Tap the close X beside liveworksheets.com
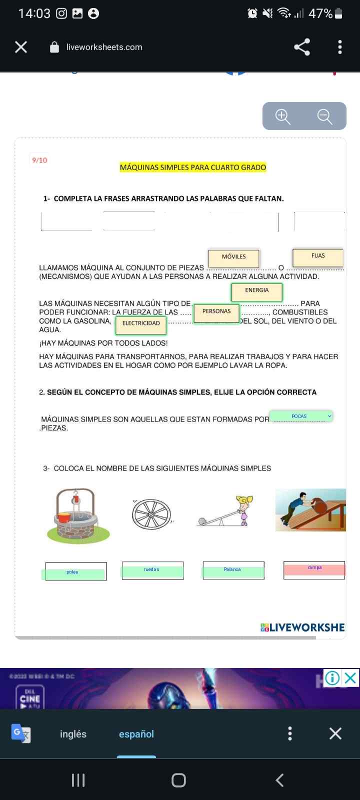pyautogui.click(x=21, y=47)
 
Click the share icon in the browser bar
pyautogui.click(x=302, y=47)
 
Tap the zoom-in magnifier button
pyautogui.click(x=283, y=116)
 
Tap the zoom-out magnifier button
pyautogui.click(x=325, y=116)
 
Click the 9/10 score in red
pyautogui.click(x=39, y=160)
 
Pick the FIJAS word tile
pyautogui.click(x=318, y=257)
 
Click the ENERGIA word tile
pyautogui.click(x=257, y=291)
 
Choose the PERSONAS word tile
pyautogui.click(x=216, y=312)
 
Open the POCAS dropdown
pyautogui.click(x=301, y=416)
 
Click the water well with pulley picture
pyautogui.click(x=76, y=515)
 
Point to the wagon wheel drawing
pyautogui.click(x=151, y=514)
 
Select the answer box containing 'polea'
pyautogui.click(x=75, y=571)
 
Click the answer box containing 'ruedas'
pyautogui.click(x=152, y=570)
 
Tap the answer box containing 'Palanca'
pyautogui.click(x=233, y=570)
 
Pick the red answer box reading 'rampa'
pyautogui.click(x=314, y=569)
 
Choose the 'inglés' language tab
pyautogui.click(x=73, y=734)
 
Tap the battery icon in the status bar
pyautogui.click(x=338, y=13)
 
